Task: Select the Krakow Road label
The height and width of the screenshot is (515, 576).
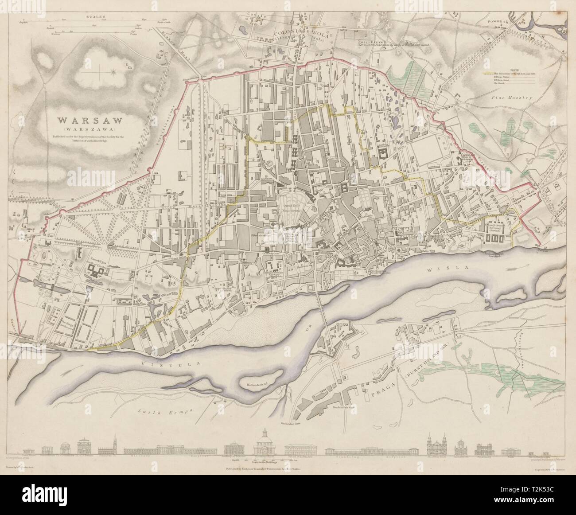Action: click(x=175, y=30)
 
